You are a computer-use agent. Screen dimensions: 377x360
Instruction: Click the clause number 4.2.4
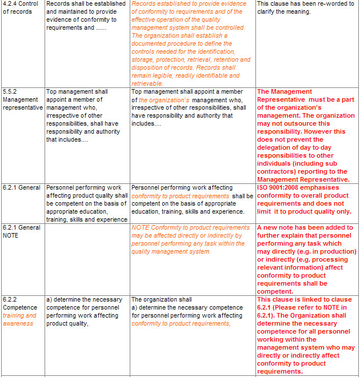(x=10, y=4)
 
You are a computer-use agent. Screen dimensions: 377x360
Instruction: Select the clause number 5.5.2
(x=10, y=91)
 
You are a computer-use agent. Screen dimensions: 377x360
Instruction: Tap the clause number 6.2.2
(x=10, y=299)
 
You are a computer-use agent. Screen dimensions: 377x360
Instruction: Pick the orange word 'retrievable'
(x=147, y=83)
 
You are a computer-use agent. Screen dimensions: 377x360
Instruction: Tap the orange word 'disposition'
(x=149, y=67)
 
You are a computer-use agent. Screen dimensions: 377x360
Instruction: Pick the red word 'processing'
(x=330, y=259)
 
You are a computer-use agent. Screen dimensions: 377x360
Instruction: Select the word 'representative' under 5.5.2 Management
(x=23, y=107)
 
